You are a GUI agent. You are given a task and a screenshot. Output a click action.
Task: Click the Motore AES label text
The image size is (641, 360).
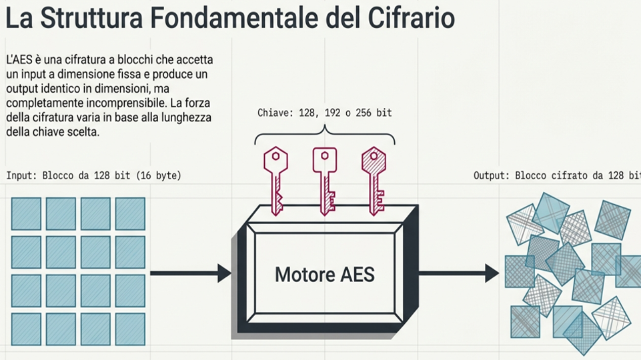click(x=325, y=274)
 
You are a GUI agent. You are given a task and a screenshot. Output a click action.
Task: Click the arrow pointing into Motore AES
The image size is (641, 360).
click(x=190, y=273)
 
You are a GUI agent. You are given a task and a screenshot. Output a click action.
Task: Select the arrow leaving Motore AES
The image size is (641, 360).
click(x=459, y=273)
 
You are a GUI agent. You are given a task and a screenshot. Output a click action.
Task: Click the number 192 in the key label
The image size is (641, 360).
click(x=332, y=113)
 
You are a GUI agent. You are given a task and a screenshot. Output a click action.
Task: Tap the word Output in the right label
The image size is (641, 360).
click(x=492, y=176)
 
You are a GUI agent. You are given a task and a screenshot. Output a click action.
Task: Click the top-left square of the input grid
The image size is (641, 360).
click(x=26, y=213)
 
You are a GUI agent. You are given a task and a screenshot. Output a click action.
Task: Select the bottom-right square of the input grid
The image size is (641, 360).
click(x=129, y=329)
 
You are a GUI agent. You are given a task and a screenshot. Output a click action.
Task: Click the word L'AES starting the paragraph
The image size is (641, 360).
click(x=18, y=60)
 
